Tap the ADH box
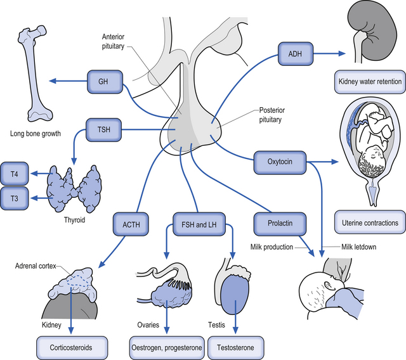click(x=295, y=53)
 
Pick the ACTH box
click(x=131, y=223)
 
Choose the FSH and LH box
click(x=197, y=223)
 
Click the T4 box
click(x=15, y=173)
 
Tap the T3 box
click(x=15, y=198)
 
